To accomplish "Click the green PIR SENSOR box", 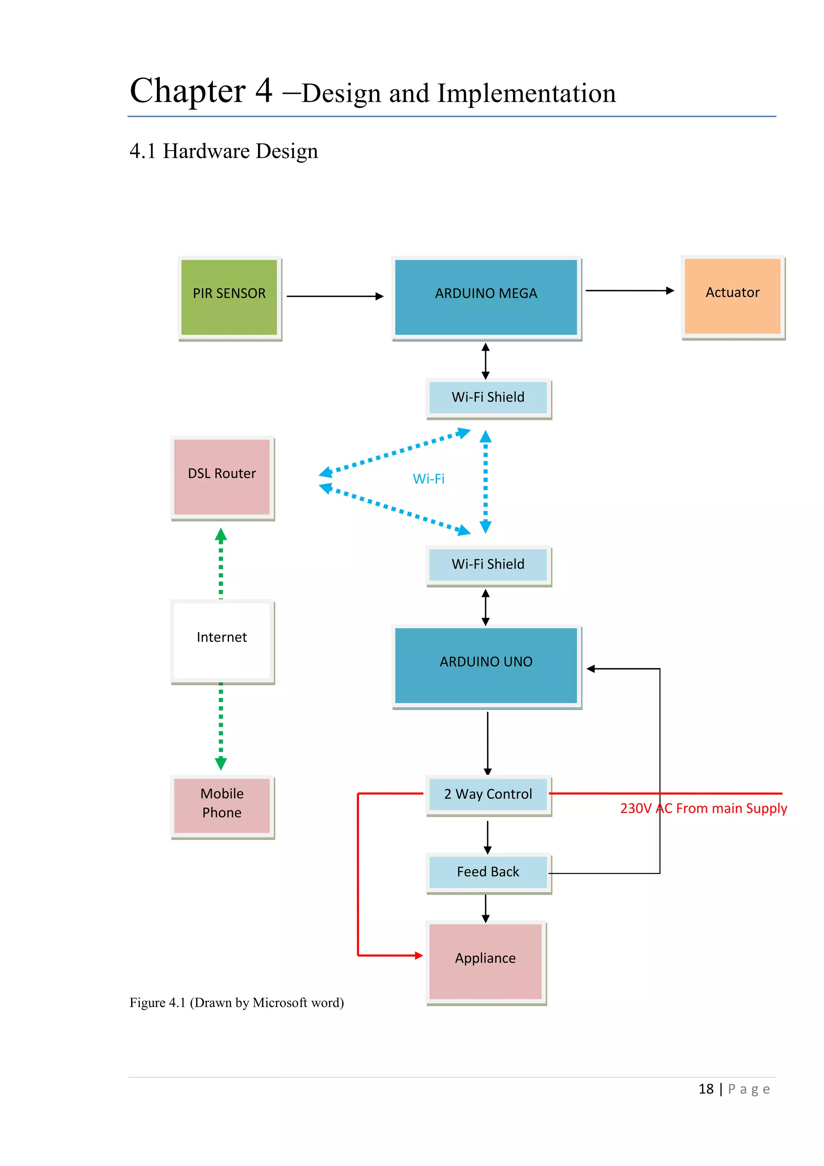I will coord(229,297).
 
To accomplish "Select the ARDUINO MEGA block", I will coord(486,297).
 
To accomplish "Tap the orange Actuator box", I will coord(732,296).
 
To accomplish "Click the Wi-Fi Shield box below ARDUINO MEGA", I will coord(488,397).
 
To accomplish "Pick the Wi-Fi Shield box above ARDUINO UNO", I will coord(488,564).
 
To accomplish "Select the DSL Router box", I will coord(222,476).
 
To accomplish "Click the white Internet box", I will coord(222,640).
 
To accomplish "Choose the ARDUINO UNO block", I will coord(486,665).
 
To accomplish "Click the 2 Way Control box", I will coord(488,794).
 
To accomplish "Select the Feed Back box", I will coord(488,872).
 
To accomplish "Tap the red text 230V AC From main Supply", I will coord(703,808).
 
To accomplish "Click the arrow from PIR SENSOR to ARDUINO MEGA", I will coord(334,296).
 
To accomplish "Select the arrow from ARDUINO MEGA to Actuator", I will coord(629,290).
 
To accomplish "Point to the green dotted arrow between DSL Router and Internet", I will coord(221,564).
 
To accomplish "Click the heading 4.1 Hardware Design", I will coord(224,151).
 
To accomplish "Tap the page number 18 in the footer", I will coord(706,1090).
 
